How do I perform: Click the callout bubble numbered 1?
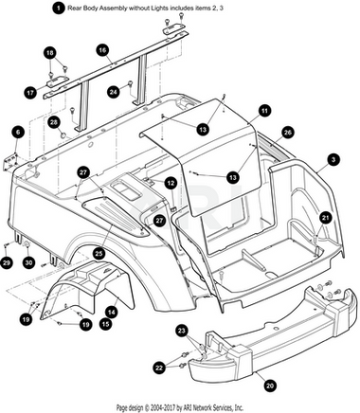[58, 9]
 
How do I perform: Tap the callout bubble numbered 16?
[102, 50]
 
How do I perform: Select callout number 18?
[50, 53]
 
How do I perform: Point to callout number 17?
[30, 93]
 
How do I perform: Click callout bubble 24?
[114, 92]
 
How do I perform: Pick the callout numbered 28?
[54, 122]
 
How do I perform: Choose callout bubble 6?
[18, 132]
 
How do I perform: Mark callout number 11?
[264, 111]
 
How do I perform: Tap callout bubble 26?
[287, 133]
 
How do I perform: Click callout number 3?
[333, 160]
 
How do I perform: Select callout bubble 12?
[171, 183]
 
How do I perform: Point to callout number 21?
[326, 217]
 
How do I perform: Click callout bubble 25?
[99, 253]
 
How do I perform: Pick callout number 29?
[7, 263]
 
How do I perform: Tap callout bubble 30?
[28, 262]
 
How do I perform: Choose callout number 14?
[112, 313]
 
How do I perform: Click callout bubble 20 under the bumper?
[269, 386]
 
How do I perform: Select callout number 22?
[160, 368]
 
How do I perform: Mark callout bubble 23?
[182, 331]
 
